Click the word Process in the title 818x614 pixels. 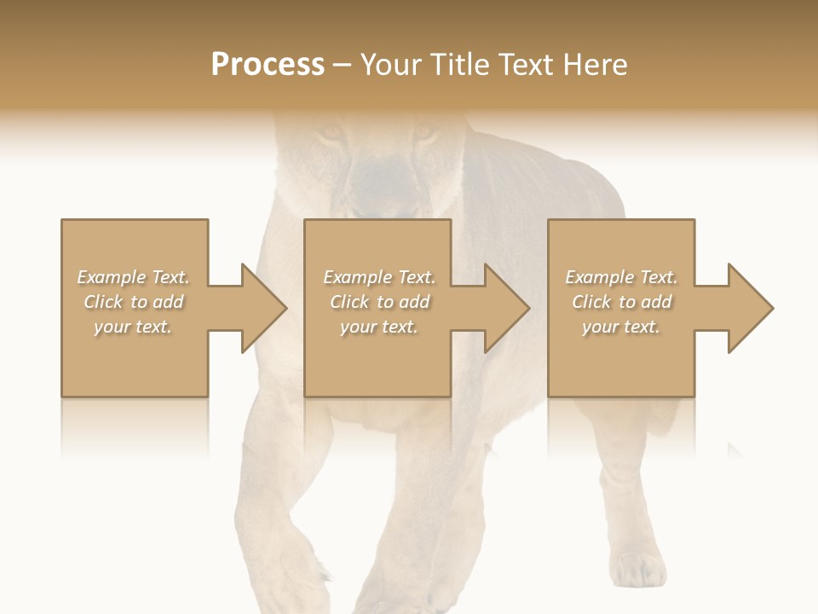click(x=268, y=65)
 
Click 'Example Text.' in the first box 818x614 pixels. click(x=134, y=277)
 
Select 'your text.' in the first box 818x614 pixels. click(x=134, y=327)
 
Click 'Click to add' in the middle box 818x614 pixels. click(x=379, y=302)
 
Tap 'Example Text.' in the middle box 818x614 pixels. click(x=379, y=277)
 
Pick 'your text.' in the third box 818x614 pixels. click(x=621, y=327)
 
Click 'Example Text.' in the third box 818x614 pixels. click(x=621, y=277)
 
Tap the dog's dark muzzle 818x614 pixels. click(x=379, y=183)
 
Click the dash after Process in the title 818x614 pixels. click(x=343, y=65)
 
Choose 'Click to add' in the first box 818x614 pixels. click(x=134, y=302)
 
